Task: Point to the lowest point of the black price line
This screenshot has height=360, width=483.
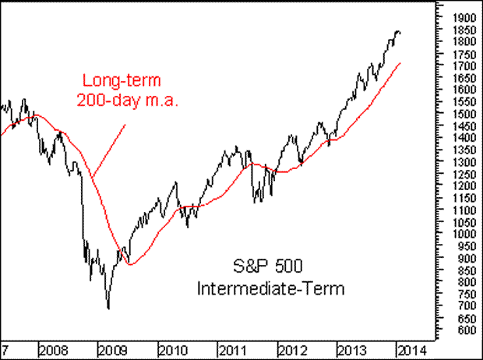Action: tap(108, 309)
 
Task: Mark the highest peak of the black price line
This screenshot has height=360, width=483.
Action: tap(398, 31)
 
